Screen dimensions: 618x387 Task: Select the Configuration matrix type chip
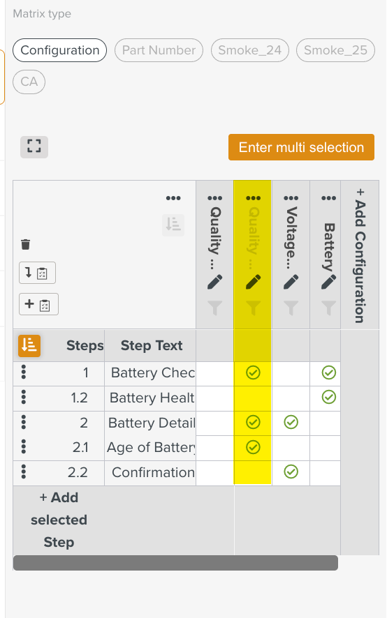[x=60, y=50]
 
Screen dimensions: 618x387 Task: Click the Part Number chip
[x=159, y=50]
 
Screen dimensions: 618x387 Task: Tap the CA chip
[x=29, y=82]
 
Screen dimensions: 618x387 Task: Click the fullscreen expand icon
[x=34, y=146]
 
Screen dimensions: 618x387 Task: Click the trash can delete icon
[x=26, y=244]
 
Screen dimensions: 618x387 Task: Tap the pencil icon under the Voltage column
[x=291, y=282]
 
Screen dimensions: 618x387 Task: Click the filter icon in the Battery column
[x=328, y=307]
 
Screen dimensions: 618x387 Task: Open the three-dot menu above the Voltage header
[x=291, y=198]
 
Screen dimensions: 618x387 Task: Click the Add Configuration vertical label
[x=360, y=255]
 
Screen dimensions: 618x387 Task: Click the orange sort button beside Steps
[x=29, y=345]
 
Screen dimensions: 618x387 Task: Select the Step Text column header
[x=152, y=345]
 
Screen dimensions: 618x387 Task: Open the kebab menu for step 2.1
[x=24, y=447]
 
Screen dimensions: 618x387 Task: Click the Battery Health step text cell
[x=151, y=398]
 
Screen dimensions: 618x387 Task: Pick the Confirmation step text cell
[x=152, y=472]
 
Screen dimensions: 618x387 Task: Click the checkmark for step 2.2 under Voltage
[x=291, y=472]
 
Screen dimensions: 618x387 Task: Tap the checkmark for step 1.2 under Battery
[x=328, y=398]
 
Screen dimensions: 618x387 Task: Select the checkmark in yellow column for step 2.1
[x=253, y=447]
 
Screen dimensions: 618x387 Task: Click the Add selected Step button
[x=59, y=520]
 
